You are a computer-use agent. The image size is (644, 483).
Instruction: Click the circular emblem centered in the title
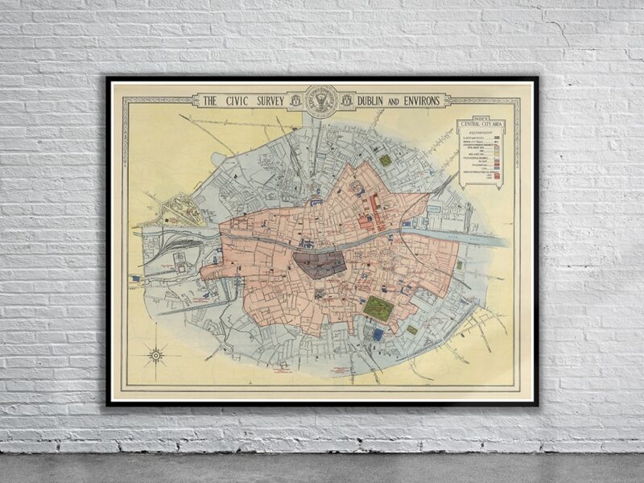point(323,101)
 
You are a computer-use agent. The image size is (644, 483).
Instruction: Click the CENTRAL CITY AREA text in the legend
point(481,126)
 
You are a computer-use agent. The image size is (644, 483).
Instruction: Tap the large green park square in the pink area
point(378,308)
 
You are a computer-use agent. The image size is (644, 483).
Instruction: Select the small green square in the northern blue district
point(386,160)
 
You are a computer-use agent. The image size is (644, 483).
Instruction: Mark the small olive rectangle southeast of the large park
point(411,329)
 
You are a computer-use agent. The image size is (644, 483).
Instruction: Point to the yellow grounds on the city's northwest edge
point(181,211)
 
